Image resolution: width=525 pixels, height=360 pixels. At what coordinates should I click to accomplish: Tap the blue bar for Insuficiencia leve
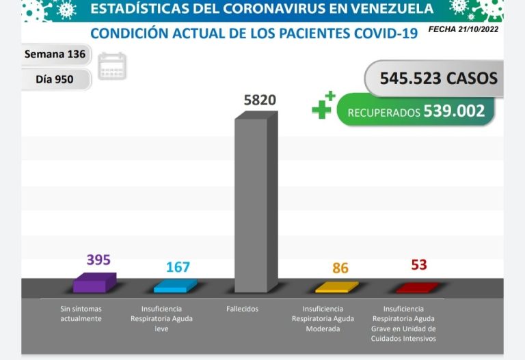point(176,287)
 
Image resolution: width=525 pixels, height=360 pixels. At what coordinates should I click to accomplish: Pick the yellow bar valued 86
point(336,288)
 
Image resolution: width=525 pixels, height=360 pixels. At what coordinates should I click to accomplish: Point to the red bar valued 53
point(417,288)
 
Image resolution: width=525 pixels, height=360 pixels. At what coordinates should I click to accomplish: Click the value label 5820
point(260,100)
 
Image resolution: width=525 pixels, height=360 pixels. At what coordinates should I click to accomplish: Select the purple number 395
point(98,260)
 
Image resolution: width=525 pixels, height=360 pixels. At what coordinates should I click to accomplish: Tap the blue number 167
point(178,267)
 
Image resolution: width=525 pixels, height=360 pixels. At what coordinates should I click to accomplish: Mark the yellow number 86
point(340,268)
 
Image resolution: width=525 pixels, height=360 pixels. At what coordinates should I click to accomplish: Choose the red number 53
point(419,264)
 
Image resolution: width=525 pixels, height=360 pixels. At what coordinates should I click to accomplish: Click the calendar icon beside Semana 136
point(112,66)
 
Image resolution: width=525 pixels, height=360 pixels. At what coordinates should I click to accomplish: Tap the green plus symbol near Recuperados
point(322,107)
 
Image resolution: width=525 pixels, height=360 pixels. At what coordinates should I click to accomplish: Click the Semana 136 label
point(55,54)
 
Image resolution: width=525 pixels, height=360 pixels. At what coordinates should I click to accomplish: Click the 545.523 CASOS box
point(431,79)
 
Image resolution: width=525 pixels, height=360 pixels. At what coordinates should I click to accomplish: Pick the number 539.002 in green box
point(454,111)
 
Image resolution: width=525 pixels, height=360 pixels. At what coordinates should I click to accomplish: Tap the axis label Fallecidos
point(243,309)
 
